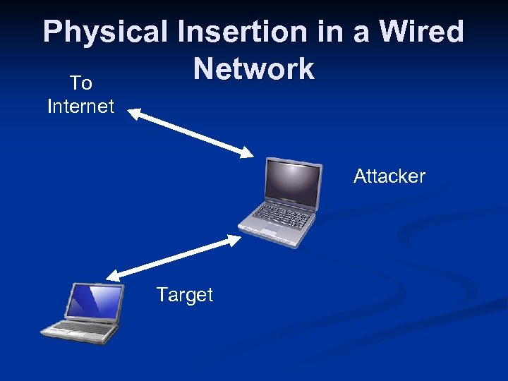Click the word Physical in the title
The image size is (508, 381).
104,32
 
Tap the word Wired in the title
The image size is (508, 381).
422,32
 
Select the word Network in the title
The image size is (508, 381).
254,69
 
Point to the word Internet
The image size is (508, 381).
80,107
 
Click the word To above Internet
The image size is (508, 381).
81,83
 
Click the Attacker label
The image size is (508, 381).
389,176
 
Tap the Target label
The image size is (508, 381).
184,294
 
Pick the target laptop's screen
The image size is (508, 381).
94,302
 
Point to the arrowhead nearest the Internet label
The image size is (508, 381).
134,113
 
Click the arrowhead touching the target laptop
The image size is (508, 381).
114,276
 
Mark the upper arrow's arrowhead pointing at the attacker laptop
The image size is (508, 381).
248,152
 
